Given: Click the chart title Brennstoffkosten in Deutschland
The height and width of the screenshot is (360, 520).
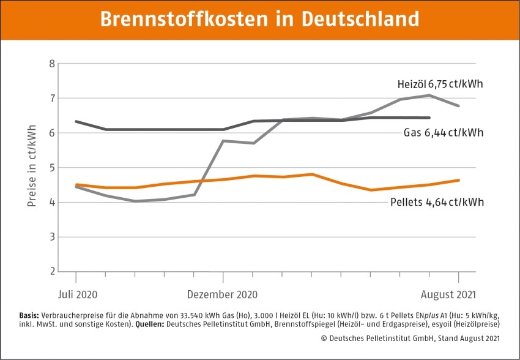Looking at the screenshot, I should (259, 18).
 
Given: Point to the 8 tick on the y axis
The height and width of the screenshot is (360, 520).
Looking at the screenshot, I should (51, 64).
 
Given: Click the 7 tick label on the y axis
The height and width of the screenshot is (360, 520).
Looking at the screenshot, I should (51, 98).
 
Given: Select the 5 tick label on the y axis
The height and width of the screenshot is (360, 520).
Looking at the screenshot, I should (51, 167).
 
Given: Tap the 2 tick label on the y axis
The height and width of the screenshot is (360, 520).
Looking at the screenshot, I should (51, 271).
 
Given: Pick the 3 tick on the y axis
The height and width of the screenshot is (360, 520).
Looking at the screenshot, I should (51, 237).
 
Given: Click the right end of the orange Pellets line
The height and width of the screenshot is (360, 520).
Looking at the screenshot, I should (459, 180).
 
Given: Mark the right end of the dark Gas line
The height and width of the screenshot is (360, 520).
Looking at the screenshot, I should (429, 118).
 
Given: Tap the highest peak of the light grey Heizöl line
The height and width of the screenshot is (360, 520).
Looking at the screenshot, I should (430, 95).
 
